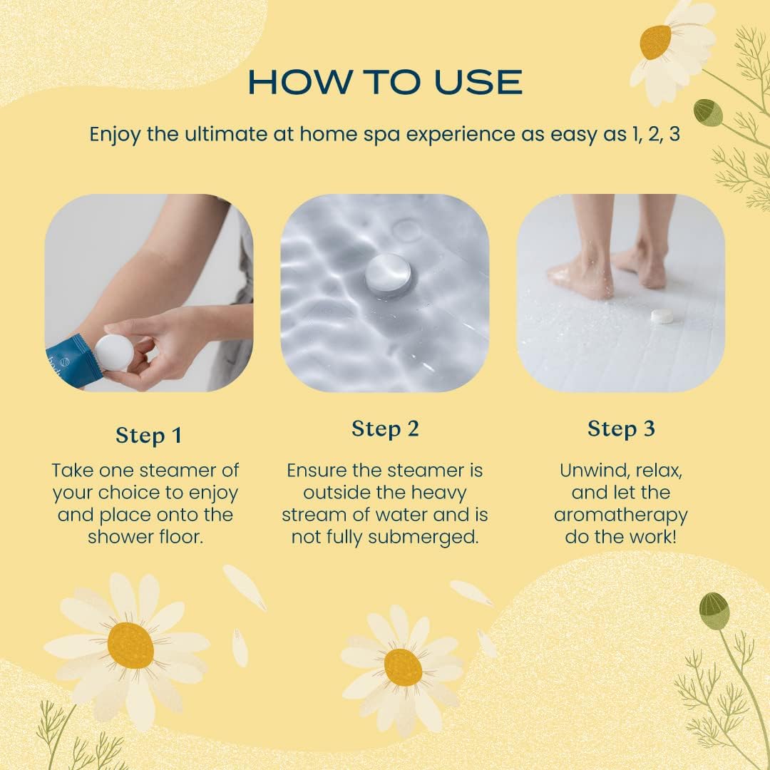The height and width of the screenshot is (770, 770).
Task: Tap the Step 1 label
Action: (149, 436)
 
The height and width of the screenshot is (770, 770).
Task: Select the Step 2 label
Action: (385, 428)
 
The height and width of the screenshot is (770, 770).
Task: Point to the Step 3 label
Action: (621, 428)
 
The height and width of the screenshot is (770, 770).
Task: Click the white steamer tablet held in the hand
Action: (113, 353)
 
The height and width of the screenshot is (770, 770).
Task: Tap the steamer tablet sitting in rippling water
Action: (389, 275)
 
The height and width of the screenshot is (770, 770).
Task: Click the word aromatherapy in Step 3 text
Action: (621, 515)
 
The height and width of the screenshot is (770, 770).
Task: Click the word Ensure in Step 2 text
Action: (317, 471)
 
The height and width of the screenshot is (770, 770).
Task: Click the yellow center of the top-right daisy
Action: (655, 42)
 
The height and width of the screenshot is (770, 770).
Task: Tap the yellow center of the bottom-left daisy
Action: (130, 646)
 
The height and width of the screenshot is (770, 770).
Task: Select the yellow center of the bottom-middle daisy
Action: (403, 667)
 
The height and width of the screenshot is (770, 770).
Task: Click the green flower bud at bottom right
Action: (714, 610)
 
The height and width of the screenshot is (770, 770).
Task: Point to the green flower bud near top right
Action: (708, 112)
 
